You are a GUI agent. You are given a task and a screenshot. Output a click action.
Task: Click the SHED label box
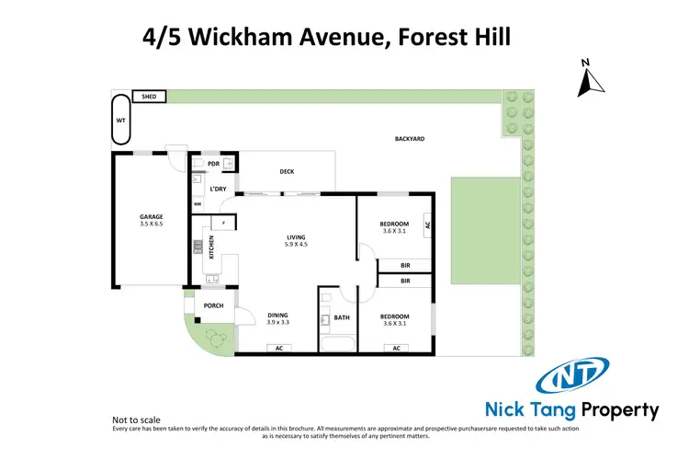tap(147, 96)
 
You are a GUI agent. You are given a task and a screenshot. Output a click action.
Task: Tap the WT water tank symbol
tap(120, 120)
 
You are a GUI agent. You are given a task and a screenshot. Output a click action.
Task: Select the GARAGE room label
tap(152, 217)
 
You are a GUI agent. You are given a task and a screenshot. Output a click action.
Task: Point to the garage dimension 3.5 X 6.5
tap(152, 224)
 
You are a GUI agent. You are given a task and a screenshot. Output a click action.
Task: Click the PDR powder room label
tap(213, 164)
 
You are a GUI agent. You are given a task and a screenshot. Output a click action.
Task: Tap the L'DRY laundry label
tap(218, 189)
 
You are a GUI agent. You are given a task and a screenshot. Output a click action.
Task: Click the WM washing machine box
tap(197, 204)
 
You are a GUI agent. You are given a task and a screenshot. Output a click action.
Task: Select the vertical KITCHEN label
tap(210, 247)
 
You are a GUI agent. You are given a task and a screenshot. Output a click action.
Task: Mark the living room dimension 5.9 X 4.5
tap(296, 246)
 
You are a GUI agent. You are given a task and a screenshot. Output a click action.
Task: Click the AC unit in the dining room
tap(277, 348)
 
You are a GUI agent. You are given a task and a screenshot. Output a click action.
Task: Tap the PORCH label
tap(213, 305)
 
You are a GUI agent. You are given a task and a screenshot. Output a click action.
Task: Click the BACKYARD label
tap(410, 139)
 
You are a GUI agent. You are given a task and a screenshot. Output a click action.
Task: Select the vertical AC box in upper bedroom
tap(426, 223)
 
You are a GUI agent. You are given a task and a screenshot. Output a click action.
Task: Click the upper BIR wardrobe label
tap(405, 265)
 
